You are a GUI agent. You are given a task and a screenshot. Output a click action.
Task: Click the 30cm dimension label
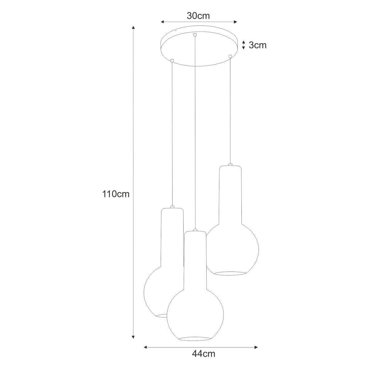pos(198,16)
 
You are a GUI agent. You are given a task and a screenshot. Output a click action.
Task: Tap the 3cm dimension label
pos(258,45)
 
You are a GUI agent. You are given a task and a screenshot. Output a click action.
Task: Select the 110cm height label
pos(116,194)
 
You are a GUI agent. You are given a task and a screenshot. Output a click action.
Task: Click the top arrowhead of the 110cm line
pos(133,27)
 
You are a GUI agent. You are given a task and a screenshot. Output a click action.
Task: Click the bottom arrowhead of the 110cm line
pos(133,342)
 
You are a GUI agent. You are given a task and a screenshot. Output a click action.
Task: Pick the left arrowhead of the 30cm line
pos(162,22)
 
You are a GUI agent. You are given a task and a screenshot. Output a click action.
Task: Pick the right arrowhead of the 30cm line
pos(236,22)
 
